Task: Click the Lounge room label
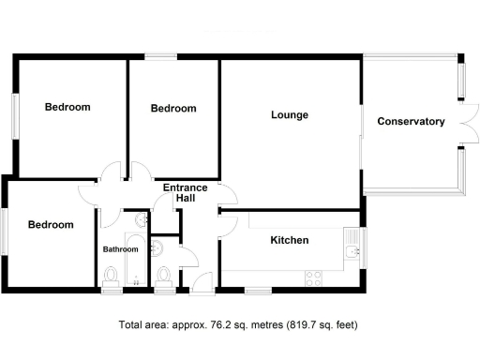[290, 115]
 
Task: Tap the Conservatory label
[411, 121]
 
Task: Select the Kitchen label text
[290, 240]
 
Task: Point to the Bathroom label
[120, 249]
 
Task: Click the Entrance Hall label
[186, 193]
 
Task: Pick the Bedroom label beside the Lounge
[173, 109]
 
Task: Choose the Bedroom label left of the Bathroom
[50, 224]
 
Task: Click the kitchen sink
[350, 251]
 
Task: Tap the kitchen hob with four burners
[313, 277]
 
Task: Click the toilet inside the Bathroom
[112, 276]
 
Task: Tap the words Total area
[142, 325]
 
